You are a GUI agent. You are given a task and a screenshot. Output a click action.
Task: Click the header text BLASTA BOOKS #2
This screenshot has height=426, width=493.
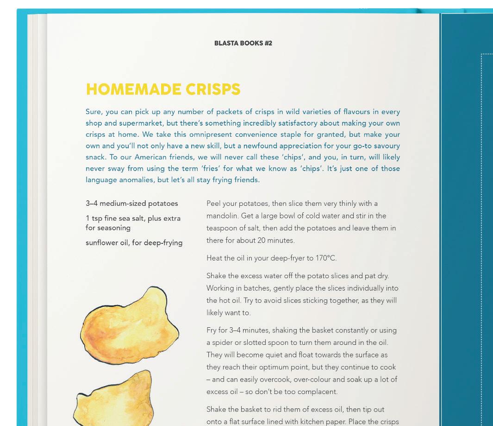coord(243,43)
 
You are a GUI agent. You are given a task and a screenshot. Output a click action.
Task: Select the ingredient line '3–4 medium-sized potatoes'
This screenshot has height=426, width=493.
coord(132,203)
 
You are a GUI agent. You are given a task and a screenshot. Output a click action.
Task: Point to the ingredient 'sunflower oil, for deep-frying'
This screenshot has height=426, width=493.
coord(134,242)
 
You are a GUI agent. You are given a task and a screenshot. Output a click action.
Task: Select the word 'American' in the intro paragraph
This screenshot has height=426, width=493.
coord(151,157)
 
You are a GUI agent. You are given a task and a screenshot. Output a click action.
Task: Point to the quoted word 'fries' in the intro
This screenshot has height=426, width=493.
coord(209,168)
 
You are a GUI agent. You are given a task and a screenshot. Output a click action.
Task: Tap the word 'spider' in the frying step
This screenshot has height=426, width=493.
coord(223,343)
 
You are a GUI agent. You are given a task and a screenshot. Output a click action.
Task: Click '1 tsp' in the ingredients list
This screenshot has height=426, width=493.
coord(94,218)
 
